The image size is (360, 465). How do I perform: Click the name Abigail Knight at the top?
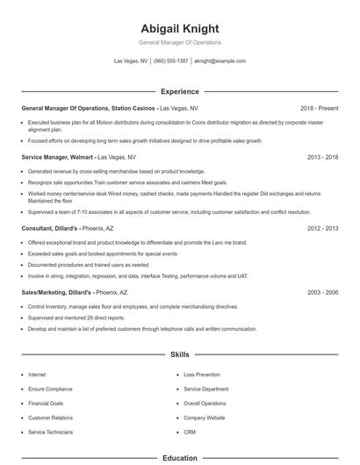pos(180,28)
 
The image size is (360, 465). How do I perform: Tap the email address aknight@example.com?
pos(220,61)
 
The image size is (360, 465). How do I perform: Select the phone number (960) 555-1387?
pos(171,61)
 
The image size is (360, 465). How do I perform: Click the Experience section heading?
pos(180,91)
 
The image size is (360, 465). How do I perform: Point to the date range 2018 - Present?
pos(319,108)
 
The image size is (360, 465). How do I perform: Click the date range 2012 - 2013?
pos(323,228)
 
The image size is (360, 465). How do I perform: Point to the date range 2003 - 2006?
pos(323,291)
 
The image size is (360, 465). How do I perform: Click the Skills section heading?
pos(180,355)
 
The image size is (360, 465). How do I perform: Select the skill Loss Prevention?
pos(201,375)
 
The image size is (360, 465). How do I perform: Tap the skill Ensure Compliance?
pos(50,389)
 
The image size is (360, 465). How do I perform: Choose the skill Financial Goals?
pos(46,404)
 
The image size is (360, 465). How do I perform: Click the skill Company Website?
pos(205,418)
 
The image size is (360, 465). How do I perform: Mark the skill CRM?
pos(190,433)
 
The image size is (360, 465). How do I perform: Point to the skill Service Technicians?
pos(52,433)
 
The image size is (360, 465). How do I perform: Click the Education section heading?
pos(180,458)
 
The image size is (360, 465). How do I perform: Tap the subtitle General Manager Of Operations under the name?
pos(180,42)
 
